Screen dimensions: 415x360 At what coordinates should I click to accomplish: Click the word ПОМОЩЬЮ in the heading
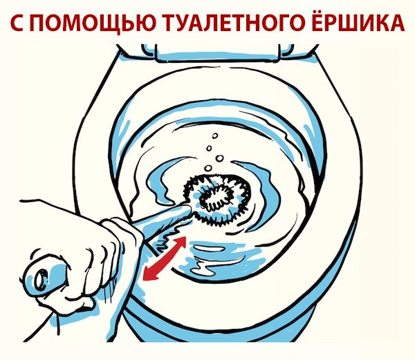96,23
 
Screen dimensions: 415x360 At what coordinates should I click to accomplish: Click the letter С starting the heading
19,23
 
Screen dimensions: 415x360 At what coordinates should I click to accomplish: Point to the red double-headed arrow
164,258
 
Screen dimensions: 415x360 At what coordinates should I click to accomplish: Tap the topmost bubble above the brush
215,136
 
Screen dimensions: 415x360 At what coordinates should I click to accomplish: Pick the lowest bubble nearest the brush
208,168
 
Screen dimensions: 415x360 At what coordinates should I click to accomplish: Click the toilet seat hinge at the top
218,53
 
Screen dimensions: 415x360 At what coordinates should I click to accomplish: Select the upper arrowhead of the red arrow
181,242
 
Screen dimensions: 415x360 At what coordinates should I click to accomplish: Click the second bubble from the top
209,148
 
